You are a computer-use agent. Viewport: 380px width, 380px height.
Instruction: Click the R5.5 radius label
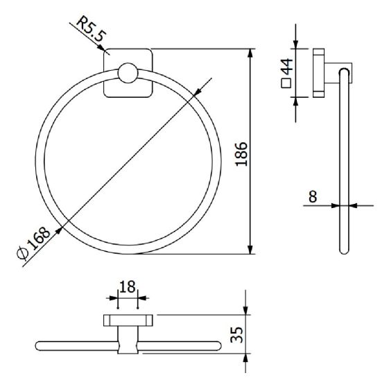pyautogui.click(x=92, y=28)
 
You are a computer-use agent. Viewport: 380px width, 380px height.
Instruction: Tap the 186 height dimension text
pyautogui.click(x=241, y=154)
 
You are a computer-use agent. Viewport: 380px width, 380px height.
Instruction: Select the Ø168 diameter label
pyautogui.click(x=34, y=243)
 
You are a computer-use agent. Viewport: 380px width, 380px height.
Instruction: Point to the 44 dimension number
pyautogui.click(x=286, y=67)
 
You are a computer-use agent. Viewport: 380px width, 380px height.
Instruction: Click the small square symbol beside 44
pyautogui.click(x=286, y=83)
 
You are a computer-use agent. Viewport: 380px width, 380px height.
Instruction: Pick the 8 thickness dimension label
pyautogui.click(x=313, y=196)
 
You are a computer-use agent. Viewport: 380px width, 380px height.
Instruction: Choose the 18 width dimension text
pyautogui.click(x=128, y=287)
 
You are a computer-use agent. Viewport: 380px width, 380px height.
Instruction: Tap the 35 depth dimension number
pyautogui.click(x=236, y=335)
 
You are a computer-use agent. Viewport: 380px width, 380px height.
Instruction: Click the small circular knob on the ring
pyautogui.click(x=128, y=73)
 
